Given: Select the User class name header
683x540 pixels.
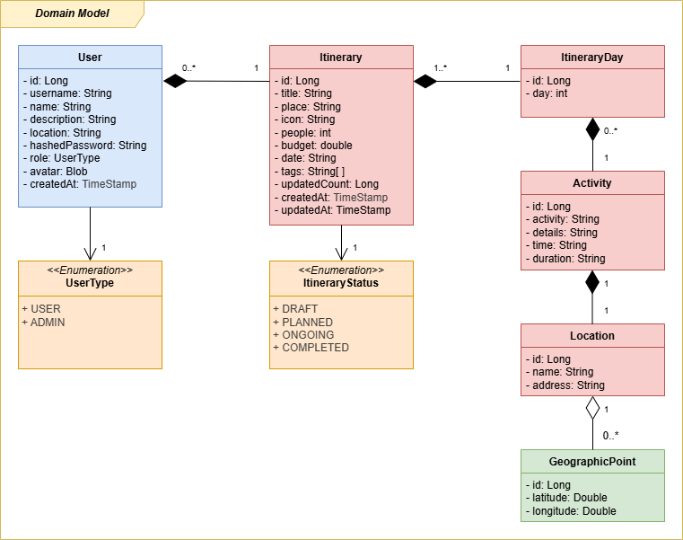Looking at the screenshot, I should pos(90,58).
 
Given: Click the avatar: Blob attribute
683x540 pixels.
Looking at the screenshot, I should pos(55,171).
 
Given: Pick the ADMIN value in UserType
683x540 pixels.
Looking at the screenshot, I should pos(48,322).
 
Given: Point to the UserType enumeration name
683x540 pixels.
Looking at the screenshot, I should pos(90,283).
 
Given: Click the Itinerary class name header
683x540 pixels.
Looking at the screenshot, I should pos(341,58).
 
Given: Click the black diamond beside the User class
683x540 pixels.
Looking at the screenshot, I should pos(175,82).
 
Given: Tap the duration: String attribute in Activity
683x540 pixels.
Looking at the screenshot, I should pos(565,258).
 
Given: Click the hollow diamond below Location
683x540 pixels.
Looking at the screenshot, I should pos(592,408).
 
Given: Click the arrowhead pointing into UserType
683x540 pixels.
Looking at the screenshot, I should pos(90,253).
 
